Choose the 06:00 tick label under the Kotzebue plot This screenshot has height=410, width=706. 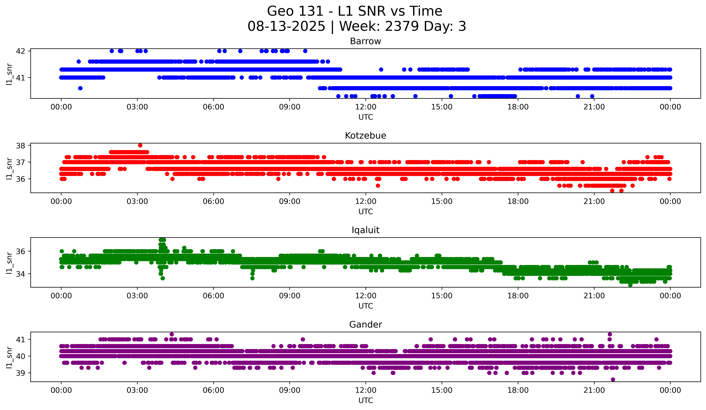(213, 202)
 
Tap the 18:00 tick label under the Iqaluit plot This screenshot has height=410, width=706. (518, 296)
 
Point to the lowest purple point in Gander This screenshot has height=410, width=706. (613, 379)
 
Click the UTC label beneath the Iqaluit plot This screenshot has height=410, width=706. (366, 306)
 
